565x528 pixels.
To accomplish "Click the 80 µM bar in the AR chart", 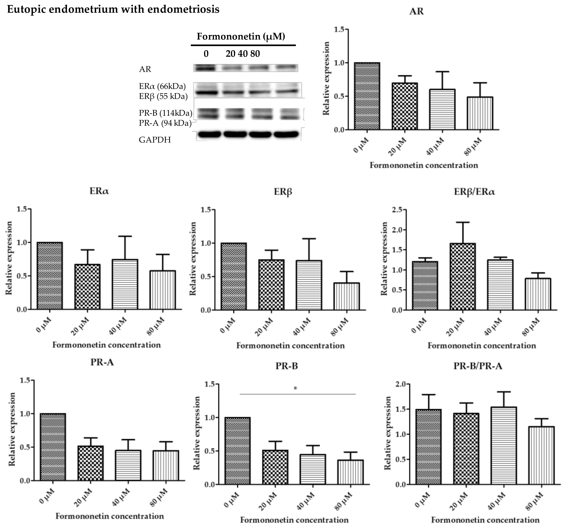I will [480, 113].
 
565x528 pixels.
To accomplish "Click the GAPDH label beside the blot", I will [155, 140].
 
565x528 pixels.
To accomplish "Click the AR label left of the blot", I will [145, 69].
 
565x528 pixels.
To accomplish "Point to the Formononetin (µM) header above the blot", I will [241, 37].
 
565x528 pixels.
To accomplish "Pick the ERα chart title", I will [99, 191].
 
